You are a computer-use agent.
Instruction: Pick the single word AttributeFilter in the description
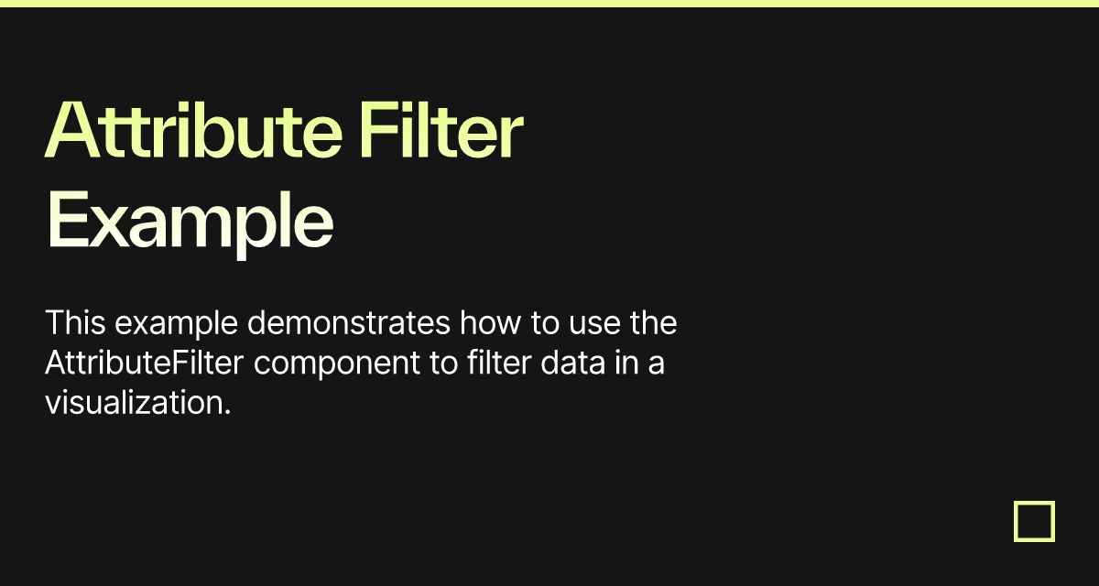145,363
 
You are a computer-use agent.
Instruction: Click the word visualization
137,402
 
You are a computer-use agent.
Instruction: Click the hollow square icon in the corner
1034,521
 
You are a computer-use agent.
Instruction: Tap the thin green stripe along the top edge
549,3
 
